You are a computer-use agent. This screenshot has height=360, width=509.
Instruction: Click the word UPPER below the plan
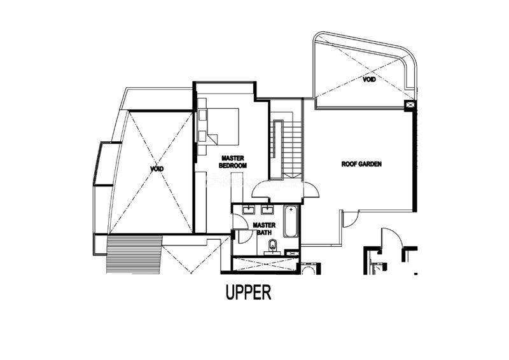pos(248,292)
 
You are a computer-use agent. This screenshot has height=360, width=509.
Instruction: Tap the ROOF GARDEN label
pos(361,164)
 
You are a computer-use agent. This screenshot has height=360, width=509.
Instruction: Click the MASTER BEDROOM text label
pos(233,162)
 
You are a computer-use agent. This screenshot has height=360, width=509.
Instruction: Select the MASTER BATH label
pos(264,228)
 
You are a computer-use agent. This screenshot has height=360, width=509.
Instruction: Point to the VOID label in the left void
pos(157,169)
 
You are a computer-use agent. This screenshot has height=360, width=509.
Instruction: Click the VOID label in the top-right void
pos(370,80)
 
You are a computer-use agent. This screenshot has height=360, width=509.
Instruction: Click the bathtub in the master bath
pos(291,221)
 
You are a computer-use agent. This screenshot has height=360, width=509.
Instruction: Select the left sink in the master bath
pos(249,211)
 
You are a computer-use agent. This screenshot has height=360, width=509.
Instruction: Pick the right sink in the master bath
pos(268,211)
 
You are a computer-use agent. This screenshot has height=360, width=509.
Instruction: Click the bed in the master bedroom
pos(218,127)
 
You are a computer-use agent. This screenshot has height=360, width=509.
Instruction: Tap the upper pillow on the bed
pos(202,116)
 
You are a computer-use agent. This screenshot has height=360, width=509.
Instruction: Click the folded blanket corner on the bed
pos(213,139)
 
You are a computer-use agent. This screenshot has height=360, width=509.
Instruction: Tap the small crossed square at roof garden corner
pos(410,105)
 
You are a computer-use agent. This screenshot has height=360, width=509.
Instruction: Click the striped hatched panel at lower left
pos(134,255)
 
